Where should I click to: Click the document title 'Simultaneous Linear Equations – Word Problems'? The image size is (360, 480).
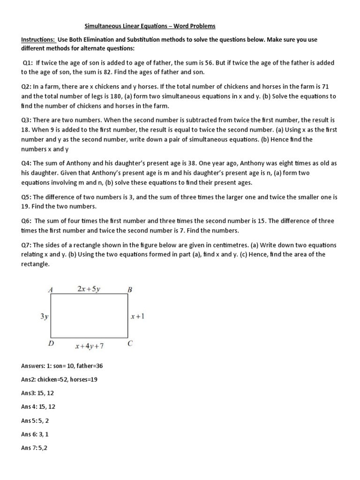point(150,26)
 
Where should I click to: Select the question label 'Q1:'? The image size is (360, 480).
point(30,62)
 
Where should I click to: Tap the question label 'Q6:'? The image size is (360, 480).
point(27,220)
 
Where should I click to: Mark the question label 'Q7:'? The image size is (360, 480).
point(27,245)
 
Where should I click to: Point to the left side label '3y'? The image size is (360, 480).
point(44,316)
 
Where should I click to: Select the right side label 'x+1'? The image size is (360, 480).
point(138,316)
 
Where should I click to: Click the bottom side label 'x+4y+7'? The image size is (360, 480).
point(89,346)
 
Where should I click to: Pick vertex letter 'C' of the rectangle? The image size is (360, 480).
point(130,344)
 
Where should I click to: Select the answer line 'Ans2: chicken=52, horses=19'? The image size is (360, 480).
point(60,379)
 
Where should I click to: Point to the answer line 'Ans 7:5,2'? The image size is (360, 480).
point(34,448)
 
